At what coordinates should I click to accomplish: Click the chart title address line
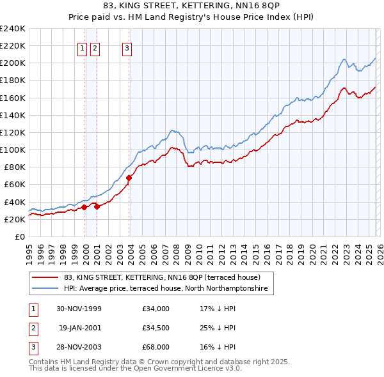(191, 7)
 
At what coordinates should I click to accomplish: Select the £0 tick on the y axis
(19, 237)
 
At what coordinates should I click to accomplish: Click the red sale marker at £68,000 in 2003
(129, 178)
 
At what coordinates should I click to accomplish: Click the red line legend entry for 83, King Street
(161, 278)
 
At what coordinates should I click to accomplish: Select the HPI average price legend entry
(168, 289)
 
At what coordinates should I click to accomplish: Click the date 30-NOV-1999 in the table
(79, 309)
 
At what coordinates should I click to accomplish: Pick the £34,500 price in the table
(156, 328)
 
